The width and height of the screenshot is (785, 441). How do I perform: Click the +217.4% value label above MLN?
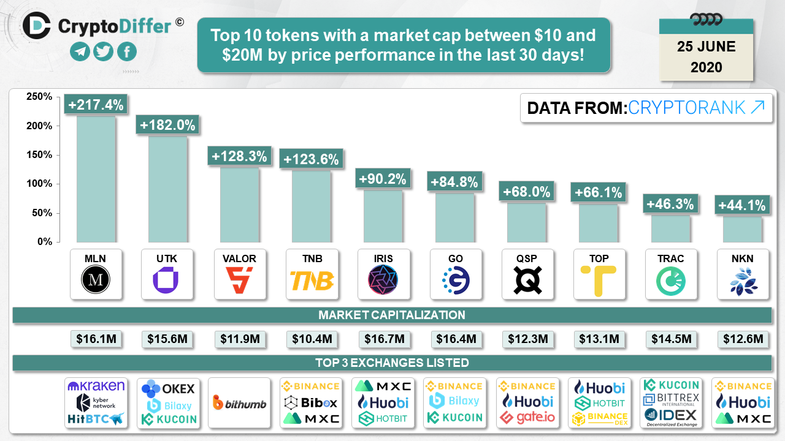(96, 105)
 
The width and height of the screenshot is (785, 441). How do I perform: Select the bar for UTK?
(167, 189)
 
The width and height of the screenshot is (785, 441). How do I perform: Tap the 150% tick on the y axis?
(40, 155)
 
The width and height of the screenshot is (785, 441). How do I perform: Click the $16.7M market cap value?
(383, 339)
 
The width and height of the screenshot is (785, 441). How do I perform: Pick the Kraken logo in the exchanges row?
(96, 386)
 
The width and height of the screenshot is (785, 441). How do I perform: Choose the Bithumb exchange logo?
(239, 402)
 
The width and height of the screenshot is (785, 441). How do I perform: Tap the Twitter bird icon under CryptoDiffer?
(103, 51)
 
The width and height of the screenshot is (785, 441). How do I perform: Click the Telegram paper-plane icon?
(79, 51)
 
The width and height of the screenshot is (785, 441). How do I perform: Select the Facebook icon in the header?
(127, 51)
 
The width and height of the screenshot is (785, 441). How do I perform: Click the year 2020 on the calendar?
(706, 67)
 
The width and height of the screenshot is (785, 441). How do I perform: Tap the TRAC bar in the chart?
(670, 228)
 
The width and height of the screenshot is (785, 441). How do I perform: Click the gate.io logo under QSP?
(526, 418)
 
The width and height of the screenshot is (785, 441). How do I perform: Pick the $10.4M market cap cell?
(311, 339)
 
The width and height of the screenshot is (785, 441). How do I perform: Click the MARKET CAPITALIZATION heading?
(392, 315)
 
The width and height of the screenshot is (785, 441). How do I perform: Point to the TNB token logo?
(311, 281)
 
